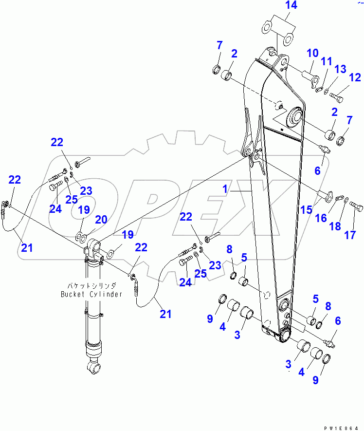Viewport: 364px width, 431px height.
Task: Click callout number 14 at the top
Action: click(291, 6)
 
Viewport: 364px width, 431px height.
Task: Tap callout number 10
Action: click(312, 53)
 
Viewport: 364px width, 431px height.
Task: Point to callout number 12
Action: click(355, 77)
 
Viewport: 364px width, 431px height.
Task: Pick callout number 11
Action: click(326, 61)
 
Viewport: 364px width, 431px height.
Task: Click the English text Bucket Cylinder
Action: click(91, 294)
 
